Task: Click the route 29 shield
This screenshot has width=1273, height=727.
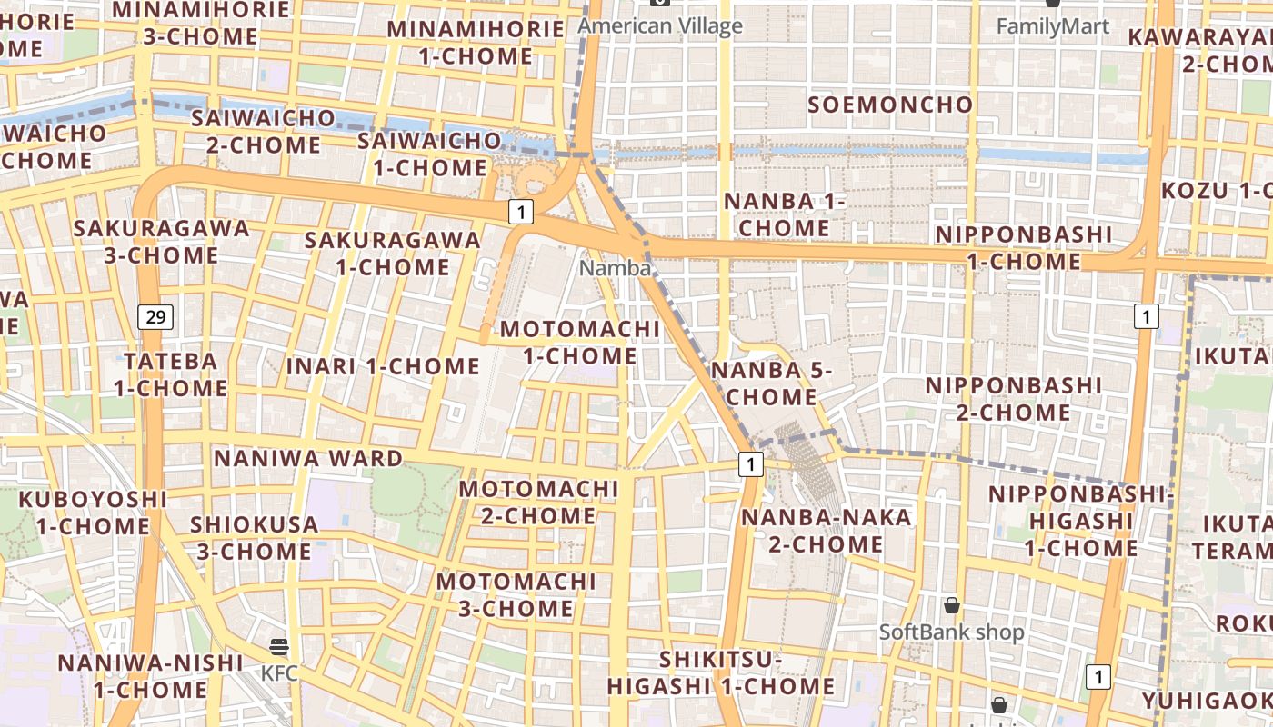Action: pos(156,317)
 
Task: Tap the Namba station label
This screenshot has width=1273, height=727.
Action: pos(616,268)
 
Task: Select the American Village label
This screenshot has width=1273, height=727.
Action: pos(660,25)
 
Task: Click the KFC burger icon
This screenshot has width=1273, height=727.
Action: pos(279,647)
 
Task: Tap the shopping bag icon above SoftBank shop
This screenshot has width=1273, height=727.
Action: pos(952,605)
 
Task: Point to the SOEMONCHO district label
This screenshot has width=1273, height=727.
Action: pos(890,105)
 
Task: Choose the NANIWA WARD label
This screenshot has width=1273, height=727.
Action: pos(307,458)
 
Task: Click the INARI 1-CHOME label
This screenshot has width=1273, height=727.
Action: pos(383,366)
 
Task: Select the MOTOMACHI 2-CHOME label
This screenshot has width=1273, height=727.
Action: pos(538,502)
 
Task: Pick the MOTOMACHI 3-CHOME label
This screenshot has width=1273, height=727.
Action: pos(516,594)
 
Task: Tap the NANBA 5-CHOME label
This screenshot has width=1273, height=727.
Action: pos(772,383)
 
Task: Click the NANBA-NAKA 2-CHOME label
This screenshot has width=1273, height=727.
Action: pos(826,531)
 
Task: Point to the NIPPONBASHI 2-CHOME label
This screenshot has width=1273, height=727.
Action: pos(1014,399)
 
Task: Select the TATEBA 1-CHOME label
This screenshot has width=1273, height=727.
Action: pos(170,374)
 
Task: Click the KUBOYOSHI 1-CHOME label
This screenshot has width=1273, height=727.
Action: pos(93,513)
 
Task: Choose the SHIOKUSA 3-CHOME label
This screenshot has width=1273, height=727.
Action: pos(254,538)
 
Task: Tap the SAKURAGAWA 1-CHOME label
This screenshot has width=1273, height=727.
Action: pos(392,254)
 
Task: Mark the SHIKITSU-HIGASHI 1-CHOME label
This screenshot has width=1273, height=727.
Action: pos(721,672)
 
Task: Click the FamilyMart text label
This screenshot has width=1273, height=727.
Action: pos(1053,26)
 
